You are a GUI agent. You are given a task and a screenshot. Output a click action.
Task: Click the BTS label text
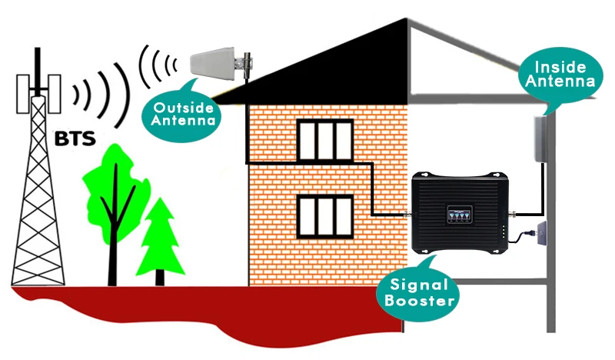[75, 139]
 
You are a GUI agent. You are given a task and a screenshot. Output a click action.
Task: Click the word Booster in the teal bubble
[421, 300]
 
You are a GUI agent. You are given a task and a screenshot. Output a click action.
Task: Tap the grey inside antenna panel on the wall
[544, 138]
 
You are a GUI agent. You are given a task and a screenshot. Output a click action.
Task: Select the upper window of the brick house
[324, 140]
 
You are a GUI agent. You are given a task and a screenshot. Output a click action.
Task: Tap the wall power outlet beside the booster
[541, 231]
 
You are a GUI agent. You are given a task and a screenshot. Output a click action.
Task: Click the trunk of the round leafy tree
[114, 246]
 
